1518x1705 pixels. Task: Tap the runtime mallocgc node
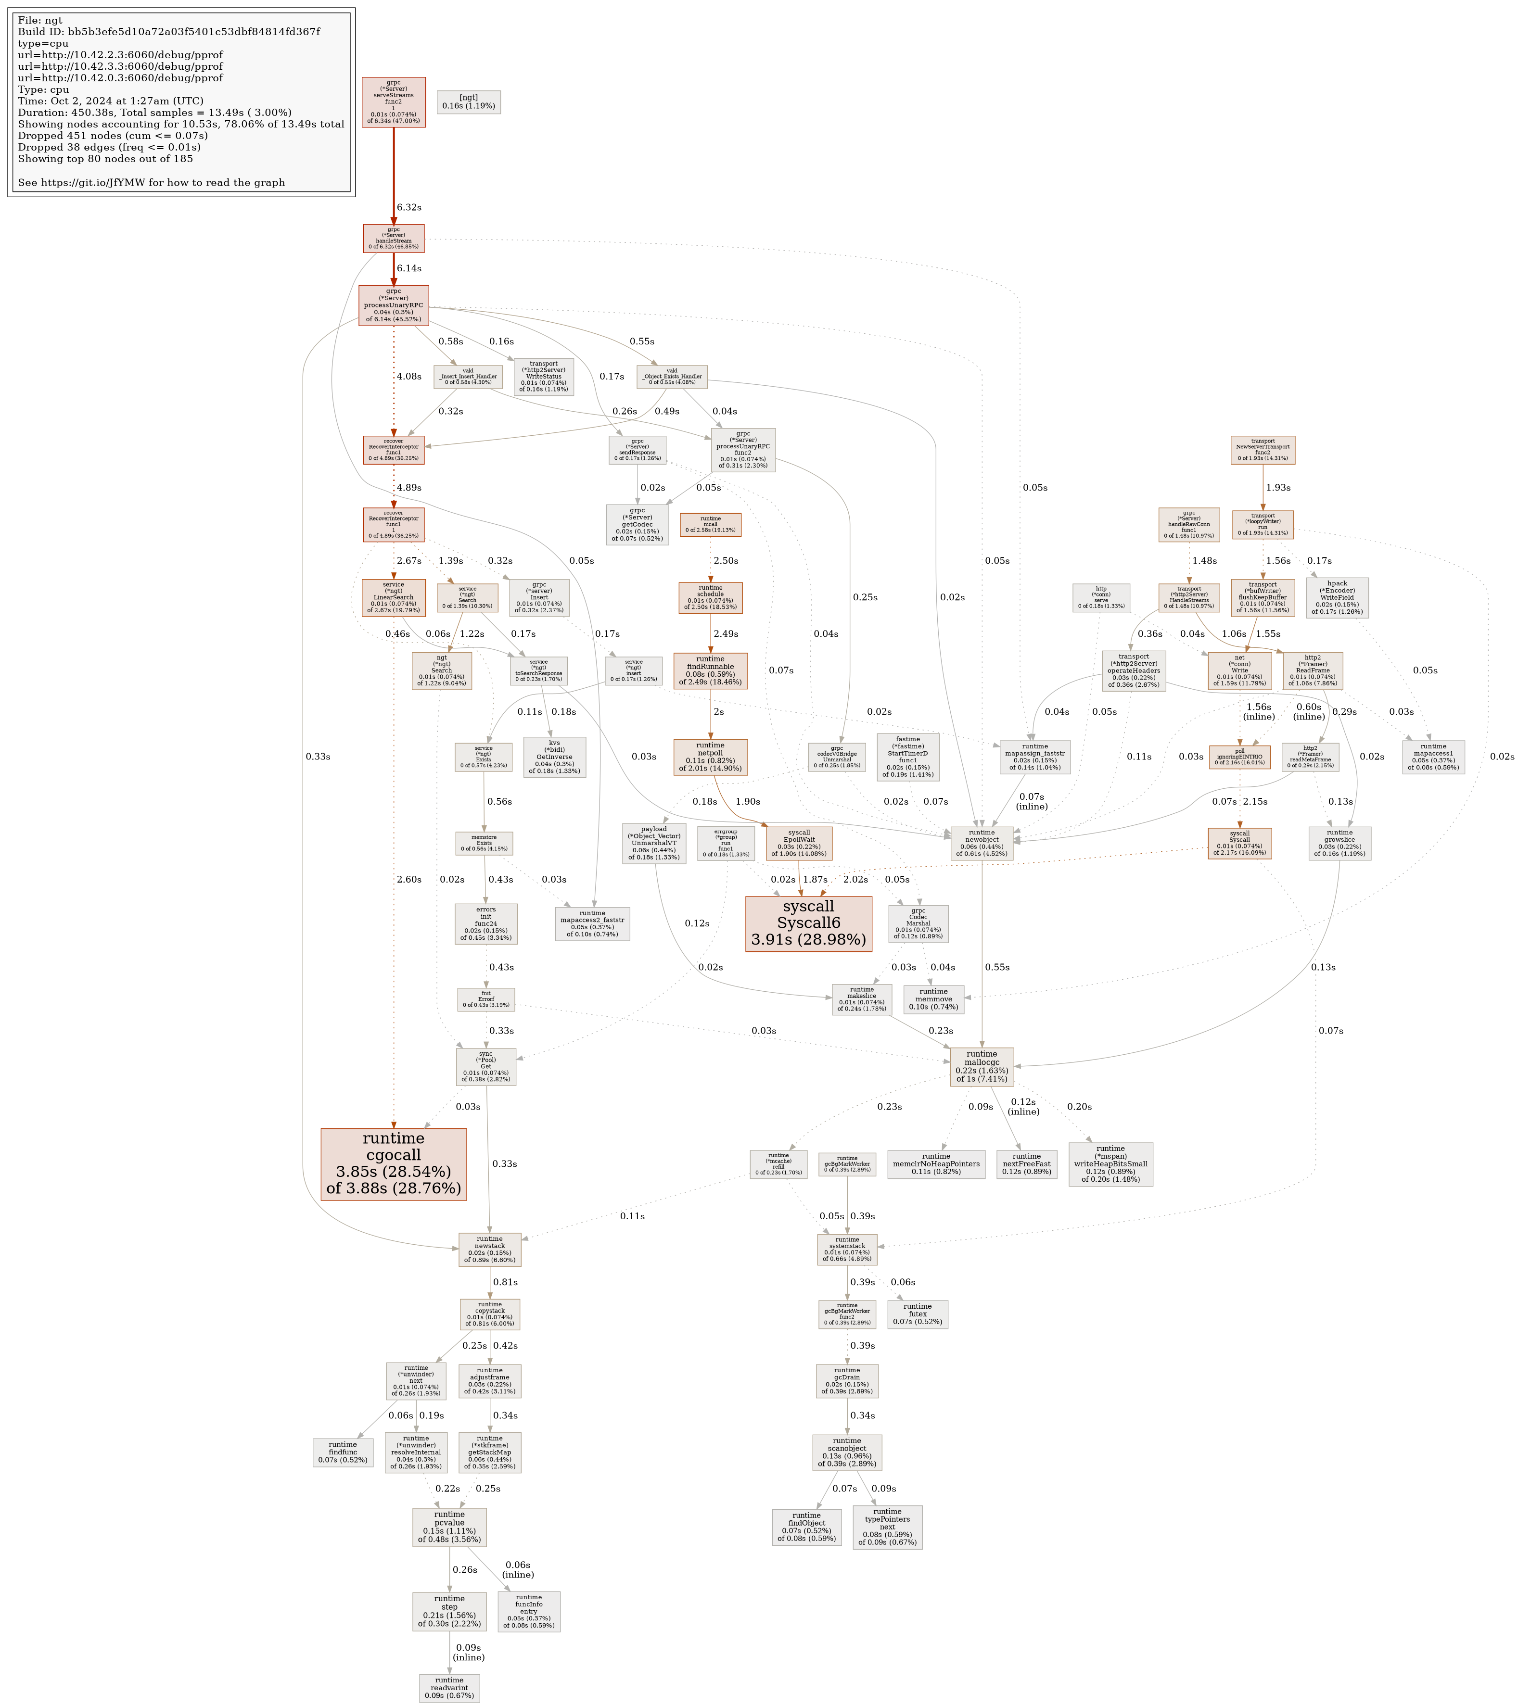(x=982, y=1067)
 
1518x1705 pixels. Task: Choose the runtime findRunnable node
(x=710, y=670)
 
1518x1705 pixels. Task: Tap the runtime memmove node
(x=933, y=998)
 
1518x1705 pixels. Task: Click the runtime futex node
(x=917, y=1314)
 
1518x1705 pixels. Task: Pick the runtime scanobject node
(x=846, y=1452)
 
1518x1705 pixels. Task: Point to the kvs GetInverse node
(x=554, y=757)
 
